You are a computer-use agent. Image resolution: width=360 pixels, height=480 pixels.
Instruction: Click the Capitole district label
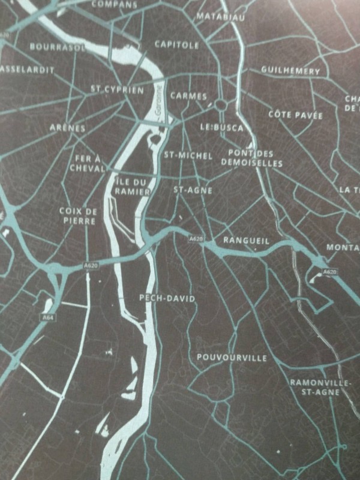click(x=176, y=44)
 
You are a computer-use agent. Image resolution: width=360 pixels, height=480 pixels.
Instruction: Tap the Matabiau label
click(x=220, y=16)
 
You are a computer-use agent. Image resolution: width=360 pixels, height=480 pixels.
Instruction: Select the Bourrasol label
click(x=58, y=46)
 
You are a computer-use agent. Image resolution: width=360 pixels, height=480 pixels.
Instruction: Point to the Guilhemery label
click(x=290, y=71)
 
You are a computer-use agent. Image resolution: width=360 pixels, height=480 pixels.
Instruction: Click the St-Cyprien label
click(x=117, y=90)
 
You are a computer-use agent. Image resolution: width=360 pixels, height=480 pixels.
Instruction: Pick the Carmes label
click(x=188, y=96)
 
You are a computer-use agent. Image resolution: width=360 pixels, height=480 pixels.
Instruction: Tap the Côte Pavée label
click(x=295, y=115)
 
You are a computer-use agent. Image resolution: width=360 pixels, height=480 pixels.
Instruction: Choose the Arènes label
click(x=67, y=128)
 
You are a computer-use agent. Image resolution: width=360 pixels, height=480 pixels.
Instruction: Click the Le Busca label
click(x=222, y=128)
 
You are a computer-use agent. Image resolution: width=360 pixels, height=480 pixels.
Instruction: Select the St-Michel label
click(x=188, y=155)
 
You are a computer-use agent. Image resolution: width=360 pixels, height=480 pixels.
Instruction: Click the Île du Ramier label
click(x=131, y=186)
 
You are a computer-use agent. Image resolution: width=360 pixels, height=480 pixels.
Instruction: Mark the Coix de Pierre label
click(x=79, y=215)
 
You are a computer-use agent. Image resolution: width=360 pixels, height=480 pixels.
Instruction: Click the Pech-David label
click(x=167, y=298)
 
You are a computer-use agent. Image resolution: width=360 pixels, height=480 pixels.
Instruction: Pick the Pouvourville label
click(x=232, y=358)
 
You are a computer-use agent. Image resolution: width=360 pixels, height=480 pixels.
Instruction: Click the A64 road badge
click(x=49, y=316)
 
